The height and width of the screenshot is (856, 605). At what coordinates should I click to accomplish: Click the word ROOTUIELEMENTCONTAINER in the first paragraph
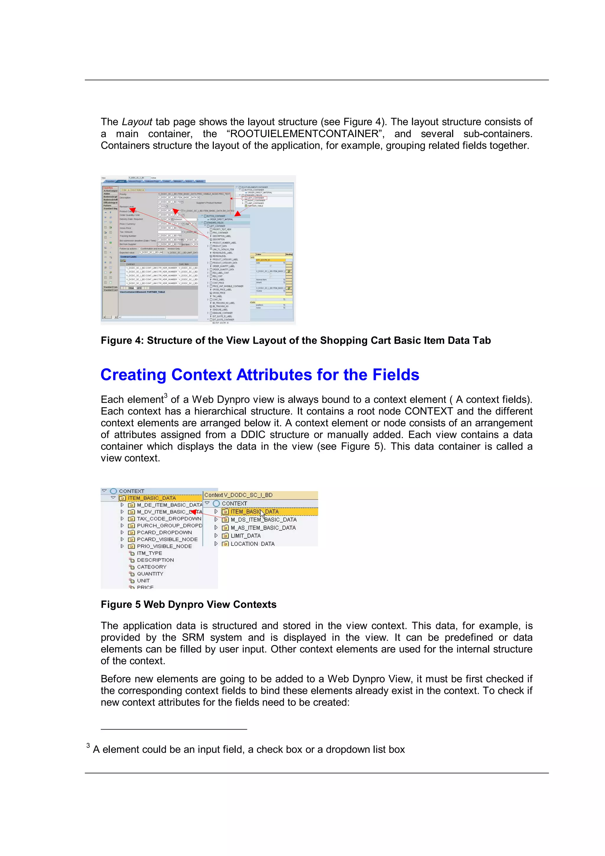(305, 134)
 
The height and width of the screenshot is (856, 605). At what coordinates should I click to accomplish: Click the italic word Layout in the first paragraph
(137, 122)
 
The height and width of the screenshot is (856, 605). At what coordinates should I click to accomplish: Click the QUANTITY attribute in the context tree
(150, 574)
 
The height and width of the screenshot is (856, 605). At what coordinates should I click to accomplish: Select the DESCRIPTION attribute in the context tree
(155, 560)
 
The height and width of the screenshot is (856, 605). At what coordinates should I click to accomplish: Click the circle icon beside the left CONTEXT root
(113, 491)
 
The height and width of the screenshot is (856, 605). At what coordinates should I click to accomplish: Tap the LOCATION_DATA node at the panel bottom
(252, 544)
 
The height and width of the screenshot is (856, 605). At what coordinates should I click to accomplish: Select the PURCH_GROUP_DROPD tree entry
(169, 525)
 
